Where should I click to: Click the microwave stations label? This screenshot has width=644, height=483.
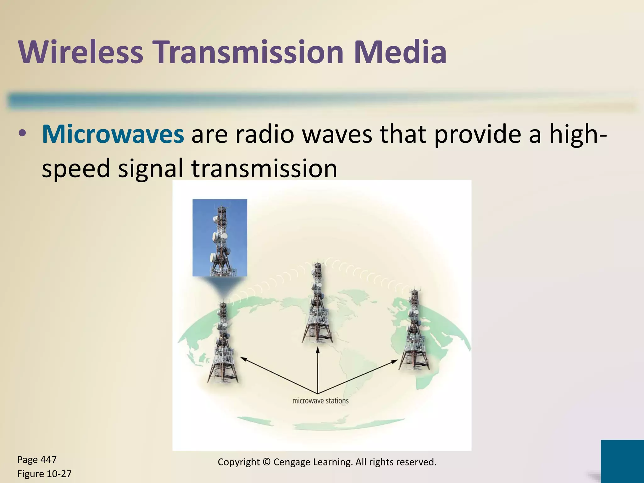tap(320, 401)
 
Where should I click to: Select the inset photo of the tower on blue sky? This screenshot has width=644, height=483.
tap(219, 237)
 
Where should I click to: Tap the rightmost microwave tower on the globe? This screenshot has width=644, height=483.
tap(414, 330)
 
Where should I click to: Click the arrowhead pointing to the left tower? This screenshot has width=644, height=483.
tap(243, 358)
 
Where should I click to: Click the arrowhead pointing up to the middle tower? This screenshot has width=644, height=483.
tap(318, 349)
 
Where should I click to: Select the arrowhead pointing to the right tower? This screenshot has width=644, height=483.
tap(395, 361)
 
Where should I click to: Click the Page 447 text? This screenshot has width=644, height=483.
tap(37, 460)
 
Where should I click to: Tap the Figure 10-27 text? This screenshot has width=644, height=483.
tap(44, 474)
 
